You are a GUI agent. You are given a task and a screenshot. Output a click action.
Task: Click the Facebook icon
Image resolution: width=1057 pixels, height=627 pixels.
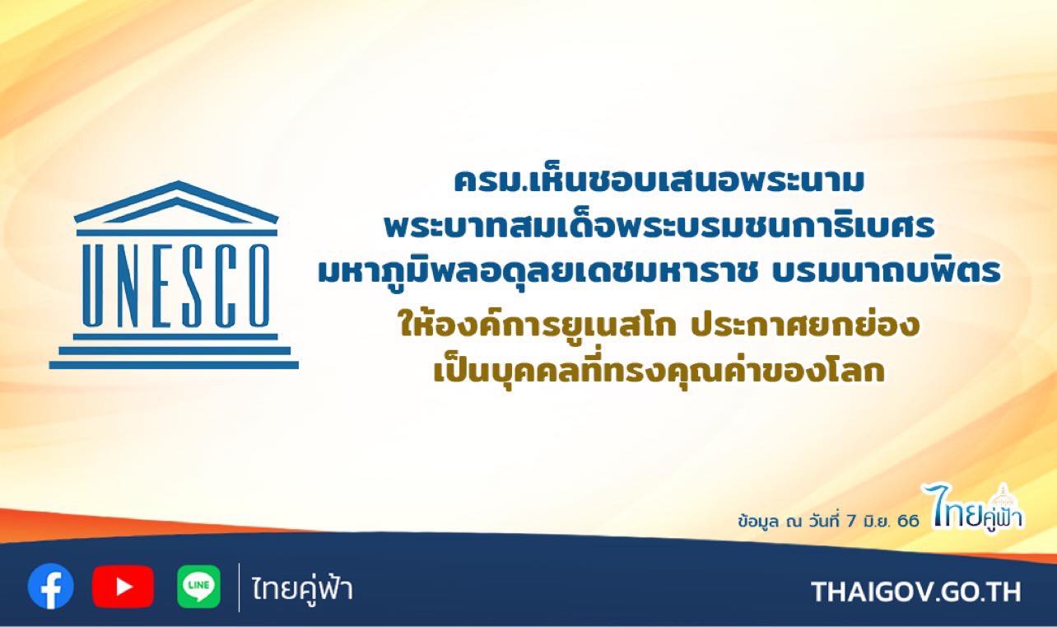pos(50,587)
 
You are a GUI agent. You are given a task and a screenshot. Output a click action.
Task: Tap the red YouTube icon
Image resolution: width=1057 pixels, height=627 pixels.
pos(123,587)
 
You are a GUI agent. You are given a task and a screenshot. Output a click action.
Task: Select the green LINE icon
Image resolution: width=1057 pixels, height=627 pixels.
pos(198,587)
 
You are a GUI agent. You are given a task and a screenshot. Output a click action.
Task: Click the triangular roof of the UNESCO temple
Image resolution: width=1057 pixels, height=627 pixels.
pos(176,203)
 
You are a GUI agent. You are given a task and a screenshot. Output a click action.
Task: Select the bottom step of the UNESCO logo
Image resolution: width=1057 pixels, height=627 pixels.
pos(174,365)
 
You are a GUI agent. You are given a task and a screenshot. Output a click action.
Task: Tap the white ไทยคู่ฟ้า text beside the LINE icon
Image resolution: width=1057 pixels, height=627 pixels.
pos(302,589)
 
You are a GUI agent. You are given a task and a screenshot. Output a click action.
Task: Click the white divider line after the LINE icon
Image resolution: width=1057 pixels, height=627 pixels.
pos(239,587)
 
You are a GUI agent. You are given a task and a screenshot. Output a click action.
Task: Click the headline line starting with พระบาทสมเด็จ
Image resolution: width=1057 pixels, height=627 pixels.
pos(659,227)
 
